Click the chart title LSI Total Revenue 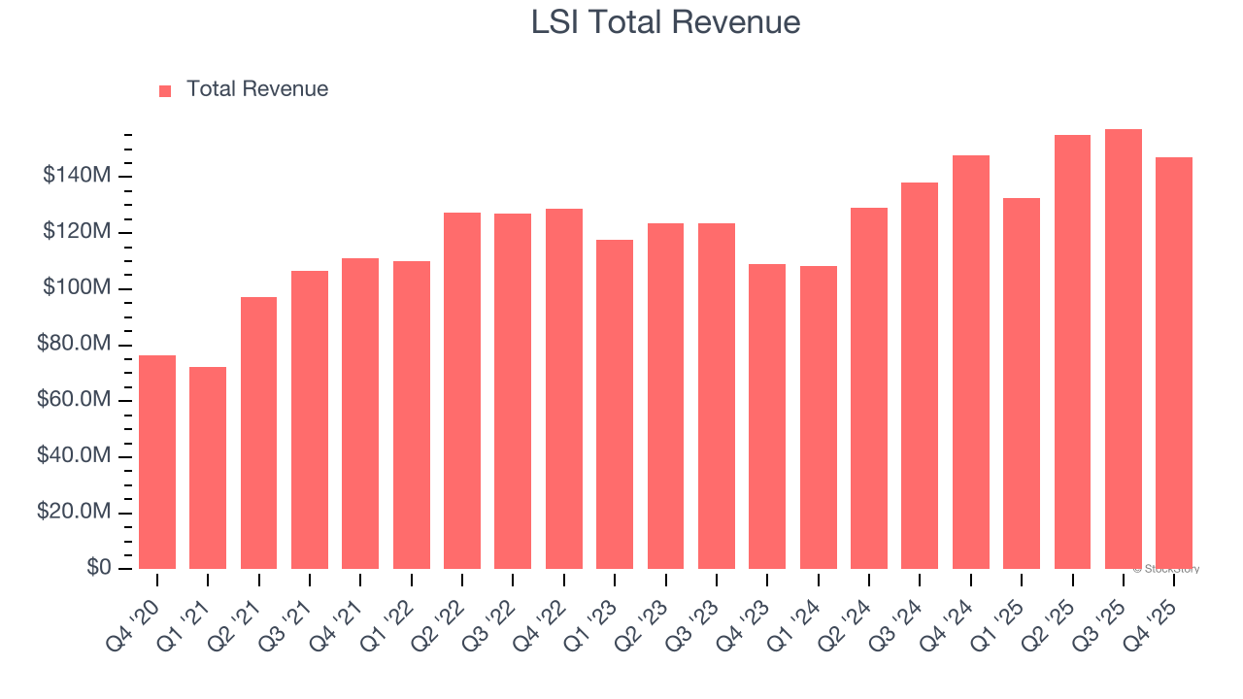pos(665,22)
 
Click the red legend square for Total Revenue pos(165,90)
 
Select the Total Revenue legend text pos(256,89)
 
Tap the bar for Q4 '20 pos(157,462)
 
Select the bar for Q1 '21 pos(208,468)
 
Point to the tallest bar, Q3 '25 pos(1124,349)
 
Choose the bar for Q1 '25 pos(1022,383)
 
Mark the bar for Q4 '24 pos(971,362)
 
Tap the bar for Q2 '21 pos(258,433)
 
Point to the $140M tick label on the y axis pos(77,176)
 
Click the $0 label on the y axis pos(98,568)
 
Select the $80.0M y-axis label pos(74,345)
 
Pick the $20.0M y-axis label pos(74,513)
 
